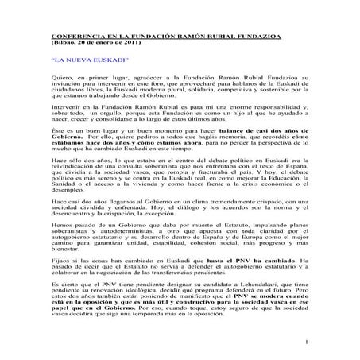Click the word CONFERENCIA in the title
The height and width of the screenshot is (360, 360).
point(74,37)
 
